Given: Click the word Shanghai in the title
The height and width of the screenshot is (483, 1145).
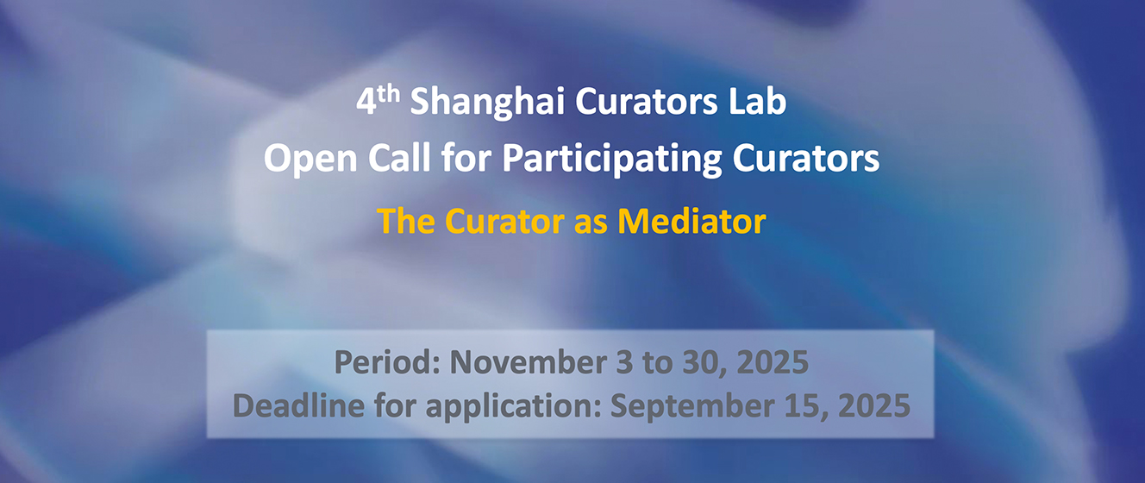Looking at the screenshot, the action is pyautogui.click(x=487, y=103).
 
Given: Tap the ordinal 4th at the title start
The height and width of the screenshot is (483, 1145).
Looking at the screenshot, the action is pyautogui.click(x=378, y=100).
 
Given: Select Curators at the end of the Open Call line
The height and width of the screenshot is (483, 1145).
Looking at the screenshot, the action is pyautogui.click(x=806, y=158).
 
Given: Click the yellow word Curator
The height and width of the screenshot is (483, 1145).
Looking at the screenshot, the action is pyautogui.click(x=504, y=222).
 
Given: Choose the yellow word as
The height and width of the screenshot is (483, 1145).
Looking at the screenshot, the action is pyautogui.click(x=591, y=225).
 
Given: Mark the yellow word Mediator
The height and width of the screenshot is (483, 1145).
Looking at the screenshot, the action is pyautogui.click(x=691, y=221).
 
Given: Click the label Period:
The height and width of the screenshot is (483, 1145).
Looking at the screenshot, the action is pyautogui.click(x=387, y=362).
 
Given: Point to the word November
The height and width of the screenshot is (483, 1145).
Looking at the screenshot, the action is pyautogui.click(x=528, y=362).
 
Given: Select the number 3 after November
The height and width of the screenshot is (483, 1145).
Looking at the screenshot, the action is pyautogui.click(x=624, y=362).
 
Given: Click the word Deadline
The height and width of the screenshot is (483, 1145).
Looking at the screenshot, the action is pyautogui.click(x=299, y=405).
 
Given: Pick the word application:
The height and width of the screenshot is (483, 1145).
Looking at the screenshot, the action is pyautogui.click(x=513, y=407).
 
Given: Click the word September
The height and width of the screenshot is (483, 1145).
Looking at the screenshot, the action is pyautogui.click(x=692, y=407).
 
